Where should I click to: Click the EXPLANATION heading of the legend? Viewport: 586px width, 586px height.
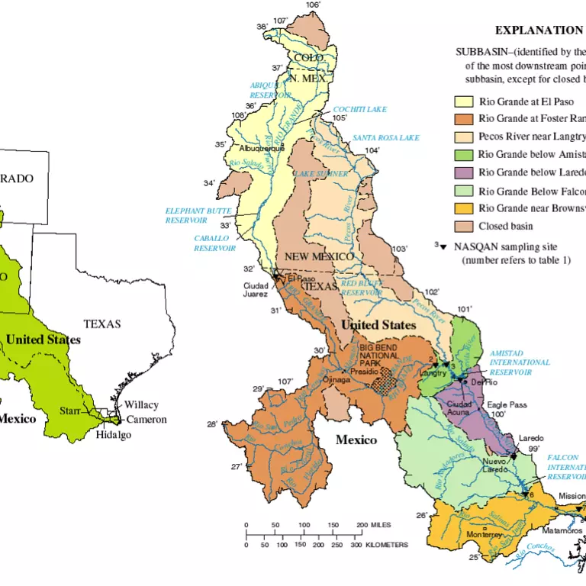coord(538,31)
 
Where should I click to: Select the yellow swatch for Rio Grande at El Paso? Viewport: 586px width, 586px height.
coord(464,101)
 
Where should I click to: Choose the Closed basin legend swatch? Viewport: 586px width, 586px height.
coord(464,226)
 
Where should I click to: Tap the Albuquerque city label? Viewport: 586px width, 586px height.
coord(261,148)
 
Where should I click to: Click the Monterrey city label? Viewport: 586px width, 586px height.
coord(483,534)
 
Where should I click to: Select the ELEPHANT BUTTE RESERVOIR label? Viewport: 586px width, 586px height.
coord(187,216)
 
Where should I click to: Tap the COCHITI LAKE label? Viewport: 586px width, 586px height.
coord(359,110)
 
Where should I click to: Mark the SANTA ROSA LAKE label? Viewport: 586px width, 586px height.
coord(386,138)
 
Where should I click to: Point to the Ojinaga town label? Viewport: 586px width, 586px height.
coord(336,378)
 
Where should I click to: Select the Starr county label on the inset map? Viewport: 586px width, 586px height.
coord(70,411)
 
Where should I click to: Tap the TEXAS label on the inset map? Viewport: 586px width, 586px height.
coord(102,324)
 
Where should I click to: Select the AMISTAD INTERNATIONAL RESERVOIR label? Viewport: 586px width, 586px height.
coord(520,362)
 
